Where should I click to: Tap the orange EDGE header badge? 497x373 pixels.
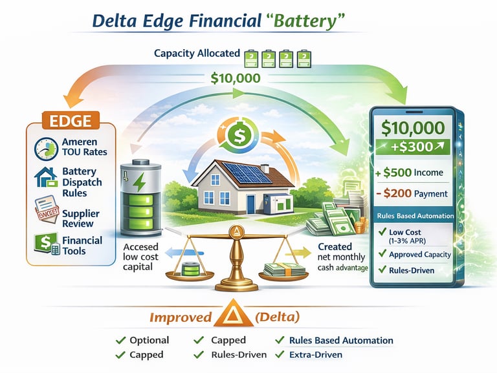69,120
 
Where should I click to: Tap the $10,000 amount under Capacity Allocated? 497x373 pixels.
236,79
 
